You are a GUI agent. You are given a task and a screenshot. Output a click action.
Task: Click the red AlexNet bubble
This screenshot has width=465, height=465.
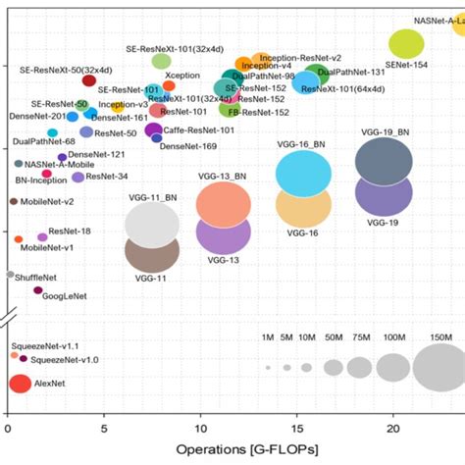20,384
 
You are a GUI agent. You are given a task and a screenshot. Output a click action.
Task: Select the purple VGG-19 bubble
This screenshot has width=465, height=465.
388,193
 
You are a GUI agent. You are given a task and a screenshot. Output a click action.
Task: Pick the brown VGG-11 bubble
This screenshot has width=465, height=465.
151,253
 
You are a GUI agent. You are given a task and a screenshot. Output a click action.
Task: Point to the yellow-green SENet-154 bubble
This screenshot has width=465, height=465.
406,43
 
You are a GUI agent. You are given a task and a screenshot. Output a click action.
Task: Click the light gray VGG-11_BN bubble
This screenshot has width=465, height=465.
151,224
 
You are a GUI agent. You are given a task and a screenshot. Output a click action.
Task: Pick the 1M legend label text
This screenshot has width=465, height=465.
267,338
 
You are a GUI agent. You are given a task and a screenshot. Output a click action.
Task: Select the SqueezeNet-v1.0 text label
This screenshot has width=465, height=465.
66,360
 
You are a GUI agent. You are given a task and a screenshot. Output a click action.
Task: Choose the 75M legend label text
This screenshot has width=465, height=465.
359,338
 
